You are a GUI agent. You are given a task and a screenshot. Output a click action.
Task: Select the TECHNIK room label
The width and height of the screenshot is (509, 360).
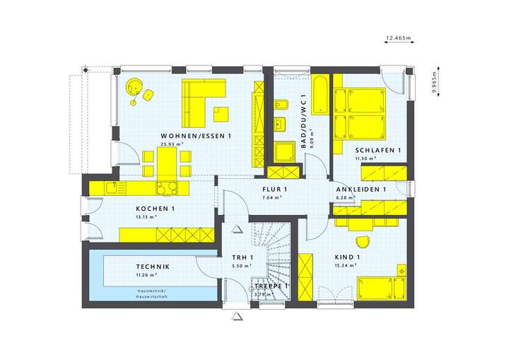tap(152, 266)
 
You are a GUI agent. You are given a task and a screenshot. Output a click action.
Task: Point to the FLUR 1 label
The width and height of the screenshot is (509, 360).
tap(274, 190)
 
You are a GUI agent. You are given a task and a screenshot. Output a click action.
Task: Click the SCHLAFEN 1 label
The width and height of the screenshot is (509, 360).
tap(378, 151)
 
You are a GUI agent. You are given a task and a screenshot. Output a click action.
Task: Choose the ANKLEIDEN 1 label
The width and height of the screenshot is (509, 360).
tap(360, 190)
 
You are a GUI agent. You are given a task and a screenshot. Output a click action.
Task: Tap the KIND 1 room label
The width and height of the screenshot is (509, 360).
tap(347, 257)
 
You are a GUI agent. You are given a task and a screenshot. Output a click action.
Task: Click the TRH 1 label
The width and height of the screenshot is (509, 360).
tap(242, 257)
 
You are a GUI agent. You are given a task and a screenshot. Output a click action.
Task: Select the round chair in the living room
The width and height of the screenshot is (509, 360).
tap(133, 87)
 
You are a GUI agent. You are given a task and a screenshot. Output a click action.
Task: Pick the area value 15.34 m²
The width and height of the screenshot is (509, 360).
tap(346, 265)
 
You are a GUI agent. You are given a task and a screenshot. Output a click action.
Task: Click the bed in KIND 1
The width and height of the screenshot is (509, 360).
tap(379, 287)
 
